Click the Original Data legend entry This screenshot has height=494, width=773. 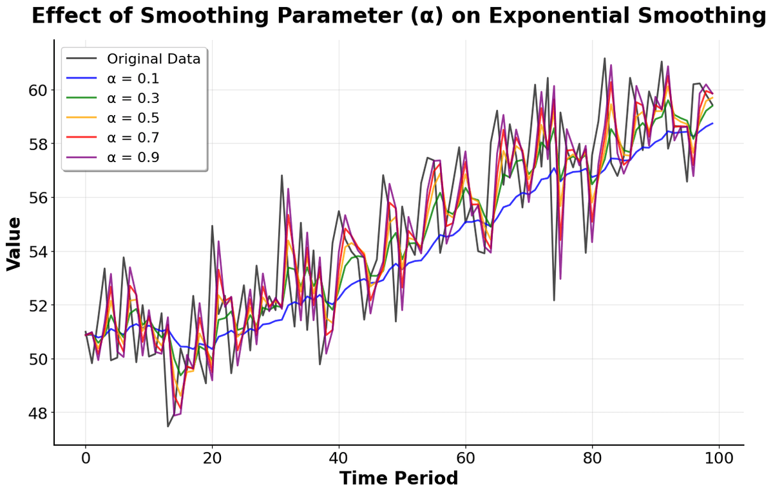pyautogui.click(x=154, y=59)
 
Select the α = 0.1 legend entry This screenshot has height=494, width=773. pyautogui.click(x=133, y=79)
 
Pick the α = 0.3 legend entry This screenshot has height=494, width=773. pyautogui.click(x=133, y=98)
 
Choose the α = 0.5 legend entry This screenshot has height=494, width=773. pyautogui.click(x=133, y=118)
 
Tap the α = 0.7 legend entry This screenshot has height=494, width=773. pyautogui.click(x=133, y=138)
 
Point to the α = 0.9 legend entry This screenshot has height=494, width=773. pyautogui.click(x=133, y=158)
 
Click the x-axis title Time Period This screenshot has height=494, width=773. pyautogui.click(x=399, y=479)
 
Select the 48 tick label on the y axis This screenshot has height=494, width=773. pyautogui.click(x=36, y=412)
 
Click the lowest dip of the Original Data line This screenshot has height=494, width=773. pyautogui.click(x=168, y=426)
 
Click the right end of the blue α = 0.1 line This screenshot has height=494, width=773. pyautogui.click(x=712, y=123)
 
